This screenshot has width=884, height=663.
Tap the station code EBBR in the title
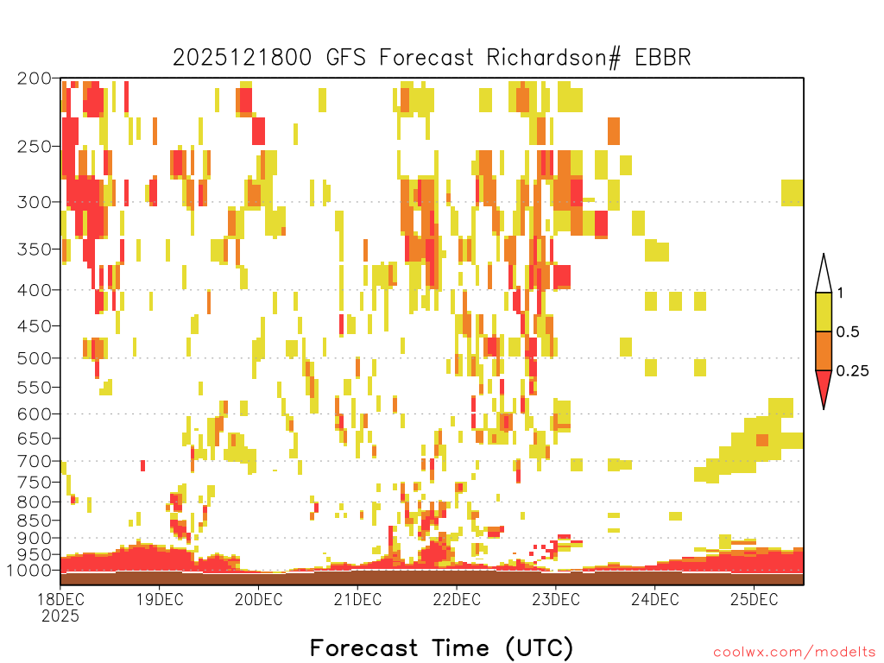(663, 58)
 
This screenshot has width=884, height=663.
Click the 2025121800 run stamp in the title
(242, 58)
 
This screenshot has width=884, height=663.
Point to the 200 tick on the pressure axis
(34, 79)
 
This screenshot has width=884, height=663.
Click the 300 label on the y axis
(34, 202)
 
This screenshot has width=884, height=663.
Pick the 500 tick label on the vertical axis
(34, 358)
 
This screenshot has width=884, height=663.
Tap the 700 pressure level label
(34, 461)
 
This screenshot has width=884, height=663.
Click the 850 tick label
(34, 521)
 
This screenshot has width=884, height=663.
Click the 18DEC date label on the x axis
(60, 599)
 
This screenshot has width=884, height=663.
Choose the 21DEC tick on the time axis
(357, 599)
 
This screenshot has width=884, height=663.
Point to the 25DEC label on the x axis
(755, 599)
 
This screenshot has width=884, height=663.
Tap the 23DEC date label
(556, 599)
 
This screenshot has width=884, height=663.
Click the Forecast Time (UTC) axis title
(441, 647)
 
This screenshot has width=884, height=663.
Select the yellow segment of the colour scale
(824, 312)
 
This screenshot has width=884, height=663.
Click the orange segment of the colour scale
(824, 350)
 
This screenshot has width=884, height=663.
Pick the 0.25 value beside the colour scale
(852, 371)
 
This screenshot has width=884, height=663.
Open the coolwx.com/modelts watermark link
(794, 653)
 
